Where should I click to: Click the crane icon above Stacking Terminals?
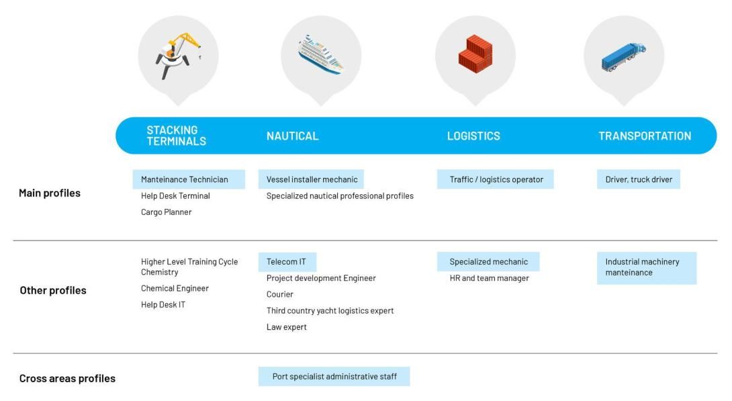coord(177,55)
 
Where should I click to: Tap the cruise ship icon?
coord(321,54)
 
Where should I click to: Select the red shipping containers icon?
coord(475,54)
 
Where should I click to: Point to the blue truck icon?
coord(624,56)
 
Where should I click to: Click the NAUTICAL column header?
coord(293,136)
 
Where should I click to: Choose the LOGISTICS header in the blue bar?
coord(473,136)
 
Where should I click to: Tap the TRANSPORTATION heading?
coord(645,136)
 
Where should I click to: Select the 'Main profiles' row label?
coord(50,193)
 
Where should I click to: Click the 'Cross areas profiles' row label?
coord(67,378)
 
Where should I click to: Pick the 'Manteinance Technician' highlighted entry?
coord(189,179)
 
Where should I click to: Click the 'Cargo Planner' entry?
coord(166,212)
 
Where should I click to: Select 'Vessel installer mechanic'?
coord(311,179)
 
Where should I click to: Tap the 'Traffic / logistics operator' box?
coord(496,179)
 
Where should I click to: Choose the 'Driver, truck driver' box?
coord(639,179)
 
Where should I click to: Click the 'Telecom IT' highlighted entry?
coord(287,262)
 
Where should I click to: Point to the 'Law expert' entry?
coord(287,326)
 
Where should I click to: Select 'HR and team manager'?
coord(490,278)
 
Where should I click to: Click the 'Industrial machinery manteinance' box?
coord(647,267)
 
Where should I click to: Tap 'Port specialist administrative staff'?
coord(334,376)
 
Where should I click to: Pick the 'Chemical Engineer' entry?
coord(175,289)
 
